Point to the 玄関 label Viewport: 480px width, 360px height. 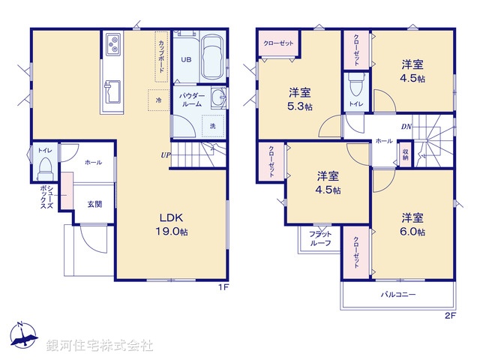(x=94, y=203)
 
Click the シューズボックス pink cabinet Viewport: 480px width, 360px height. (x=67, y=192)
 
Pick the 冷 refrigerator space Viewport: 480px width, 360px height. (x=158, y=99)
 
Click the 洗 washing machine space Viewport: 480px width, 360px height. (x=213, y=126)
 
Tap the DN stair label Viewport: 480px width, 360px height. (x=406, y=126)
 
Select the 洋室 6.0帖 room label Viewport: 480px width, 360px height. (x=412, y=224)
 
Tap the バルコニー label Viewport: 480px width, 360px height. (x=397, y=295)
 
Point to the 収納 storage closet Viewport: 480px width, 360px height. (x=405, y=154)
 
